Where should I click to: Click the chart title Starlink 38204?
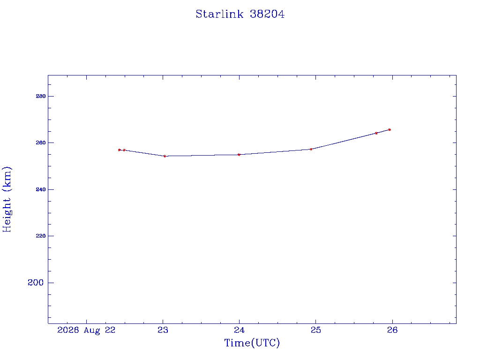pos(240,14)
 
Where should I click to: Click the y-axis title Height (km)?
pos(7,199)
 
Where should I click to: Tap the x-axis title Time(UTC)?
pos(252,343)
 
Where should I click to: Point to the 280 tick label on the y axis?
pos(40,96)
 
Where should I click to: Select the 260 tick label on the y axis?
pos(40,142)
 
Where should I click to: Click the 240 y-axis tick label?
pos(40,189)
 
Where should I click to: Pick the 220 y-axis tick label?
pos(40,236)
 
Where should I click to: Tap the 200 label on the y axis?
pos(36,283)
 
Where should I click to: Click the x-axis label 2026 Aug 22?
pos(86,330)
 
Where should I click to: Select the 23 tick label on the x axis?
pos(163,330)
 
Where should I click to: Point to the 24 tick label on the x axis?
pos(239,330)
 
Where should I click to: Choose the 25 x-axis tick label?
pos(315,330)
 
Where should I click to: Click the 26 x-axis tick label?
pos(392,330)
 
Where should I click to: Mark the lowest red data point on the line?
pos(165,156)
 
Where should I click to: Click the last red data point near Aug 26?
pos(390,129)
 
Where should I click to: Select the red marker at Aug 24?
pos(239,155)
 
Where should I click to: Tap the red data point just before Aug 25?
pos(311,149)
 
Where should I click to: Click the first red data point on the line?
pos(120,150)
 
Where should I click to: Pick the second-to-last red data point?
pos(376,133)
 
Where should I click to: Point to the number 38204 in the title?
pos(267,14)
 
